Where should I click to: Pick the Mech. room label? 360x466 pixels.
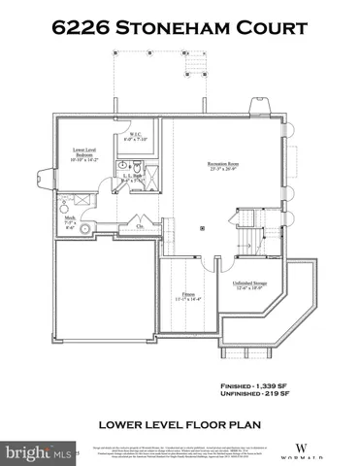69,220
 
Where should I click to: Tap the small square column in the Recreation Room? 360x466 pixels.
201,230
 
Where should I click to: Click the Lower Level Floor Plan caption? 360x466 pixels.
179,424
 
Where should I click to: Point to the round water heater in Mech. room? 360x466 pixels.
84,229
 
